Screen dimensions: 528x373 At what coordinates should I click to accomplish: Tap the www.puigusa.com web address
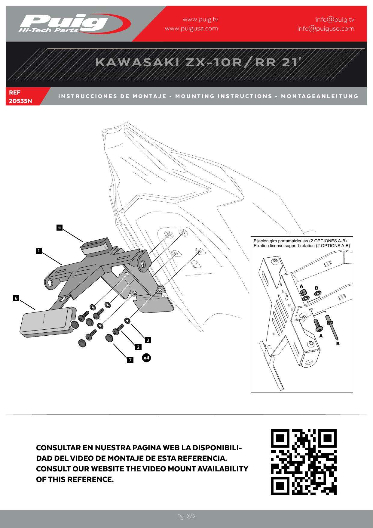coord(191,29)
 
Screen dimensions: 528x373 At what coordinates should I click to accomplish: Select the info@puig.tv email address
coord(335,20)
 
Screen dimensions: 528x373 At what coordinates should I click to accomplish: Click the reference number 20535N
coord(20,101)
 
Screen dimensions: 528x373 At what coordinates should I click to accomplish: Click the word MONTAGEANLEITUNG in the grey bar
coord(320,96)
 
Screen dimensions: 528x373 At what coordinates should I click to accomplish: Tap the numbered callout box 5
coord(60,227)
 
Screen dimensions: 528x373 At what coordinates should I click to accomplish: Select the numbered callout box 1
coord(38,251)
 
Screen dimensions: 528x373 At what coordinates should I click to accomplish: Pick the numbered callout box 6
coord(16,298)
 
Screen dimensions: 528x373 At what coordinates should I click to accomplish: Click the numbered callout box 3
coord(148,340)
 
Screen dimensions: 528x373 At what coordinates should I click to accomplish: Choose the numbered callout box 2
coord(138,347)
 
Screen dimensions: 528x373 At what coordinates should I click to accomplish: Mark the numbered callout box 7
coord(130,360)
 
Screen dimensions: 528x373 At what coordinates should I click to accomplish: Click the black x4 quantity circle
coord(146,358)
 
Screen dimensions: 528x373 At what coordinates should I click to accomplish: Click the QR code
coord(304,462)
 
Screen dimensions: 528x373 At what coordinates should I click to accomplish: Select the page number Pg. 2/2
coord(186,517)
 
